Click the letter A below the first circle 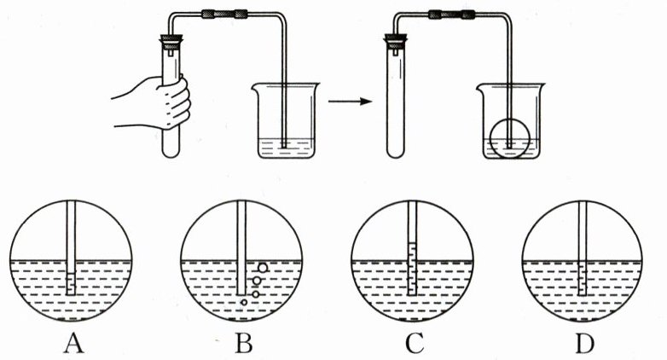tap(73, 344)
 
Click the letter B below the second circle tap(244, 344)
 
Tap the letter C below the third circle tap(415, 344)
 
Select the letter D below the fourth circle tap(582, 344)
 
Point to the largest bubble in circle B tap(263, 267)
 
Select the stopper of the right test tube tap(395, 40)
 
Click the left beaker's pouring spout tap(253, 86)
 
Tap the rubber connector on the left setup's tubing tap(224, 14)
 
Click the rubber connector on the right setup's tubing tap(446, 14)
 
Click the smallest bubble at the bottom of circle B tap(245, 303)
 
